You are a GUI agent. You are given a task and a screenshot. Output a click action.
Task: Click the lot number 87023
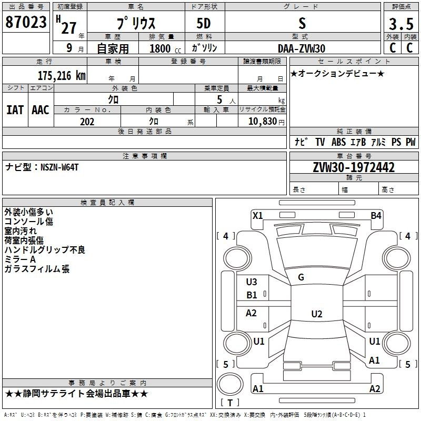tap(26, 22)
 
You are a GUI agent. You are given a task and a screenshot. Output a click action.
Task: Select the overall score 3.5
tap(401, 24)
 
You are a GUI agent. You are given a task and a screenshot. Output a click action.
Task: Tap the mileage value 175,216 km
tap(62, 75)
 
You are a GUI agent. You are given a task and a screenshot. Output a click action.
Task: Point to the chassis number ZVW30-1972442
tap(354, 167)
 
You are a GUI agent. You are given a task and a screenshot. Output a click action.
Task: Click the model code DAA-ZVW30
tap(302, 48)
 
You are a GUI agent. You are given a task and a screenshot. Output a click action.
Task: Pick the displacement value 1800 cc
tap(165, 48)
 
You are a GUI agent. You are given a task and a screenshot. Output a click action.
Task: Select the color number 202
tap(87, 122)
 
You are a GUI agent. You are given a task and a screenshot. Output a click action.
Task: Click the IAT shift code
tap(15, 110)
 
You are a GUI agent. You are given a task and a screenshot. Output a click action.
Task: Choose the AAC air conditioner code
tap(41, 110)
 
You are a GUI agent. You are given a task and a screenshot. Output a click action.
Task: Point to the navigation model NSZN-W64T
tap(59, 167)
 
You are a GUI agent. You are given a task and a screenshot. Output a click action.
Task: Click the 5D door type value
tap(204, 24)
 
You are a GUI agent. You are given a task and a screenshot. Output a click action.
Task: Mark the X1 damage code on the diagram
tap(257, 216)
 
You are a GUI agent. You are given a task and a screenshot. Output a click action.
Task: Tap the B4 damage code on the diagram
tap(376, 216)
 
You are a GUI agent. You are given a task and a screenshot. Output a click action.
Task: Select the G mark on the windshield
tap(301, 277)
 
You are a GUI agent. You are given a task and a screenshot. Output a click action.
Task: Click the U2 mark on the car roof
tap(317, 314)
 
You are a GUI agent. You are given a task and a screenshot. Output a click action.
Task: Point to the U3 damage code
tap(252, 282)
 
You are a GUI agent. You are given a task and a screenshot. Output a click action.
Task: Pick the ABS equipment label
tap(338, 142)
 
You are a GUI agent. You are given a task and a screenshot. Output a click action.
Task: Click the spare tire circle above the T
tap(230, 384)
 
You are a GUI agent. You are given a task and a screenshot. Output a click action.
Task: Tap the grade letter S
tap(302, 23)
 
